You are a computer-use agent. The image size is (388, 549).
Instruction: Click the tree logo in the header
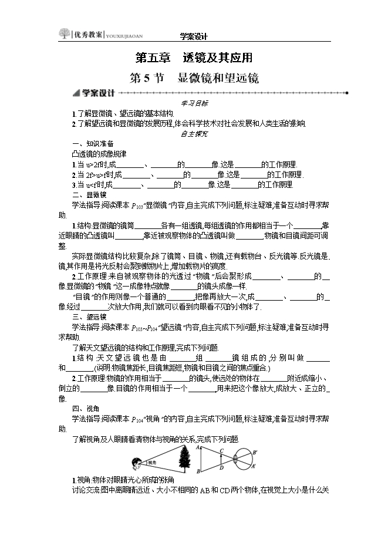[64, 34]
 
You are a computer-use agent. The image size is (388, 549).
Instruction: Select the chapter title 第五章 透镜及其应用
[194, 58]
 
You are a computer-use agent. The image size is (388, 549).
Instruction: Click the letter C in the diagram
[221, 451]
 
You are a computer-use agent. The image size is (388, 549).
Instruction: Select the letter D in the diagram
[221, 468]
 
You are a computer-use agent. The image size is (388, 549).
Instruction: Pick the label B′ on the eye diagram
[255, 452]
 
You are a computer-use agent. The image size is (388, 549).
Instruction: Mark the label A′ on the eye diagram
[255, 467]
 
